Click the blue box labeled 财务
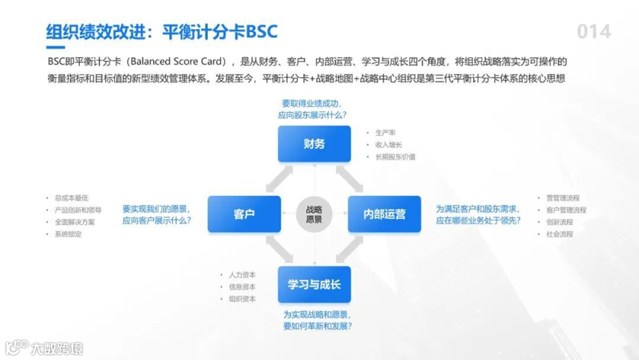click(314, 143)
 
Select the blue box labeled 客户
click(244, 214)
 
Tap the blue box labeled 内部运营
click(384, 214)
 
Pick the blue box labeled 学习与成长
click(314, 284)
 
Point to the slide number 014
click(593, 31)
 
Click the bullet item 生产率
click(385, 133)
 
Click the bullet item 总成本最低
click(70, 198)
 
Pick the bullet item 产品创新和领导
click(78, 210)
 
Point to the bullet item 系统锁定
click(67, 234)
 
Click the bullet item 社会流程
click(559, 234)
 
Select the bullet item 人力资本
click(242, 275)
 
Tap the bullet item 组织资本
click(242, 299)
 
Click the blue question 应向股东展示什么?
click(312, 115)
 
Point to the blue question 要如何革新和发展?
click(317, 326)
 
